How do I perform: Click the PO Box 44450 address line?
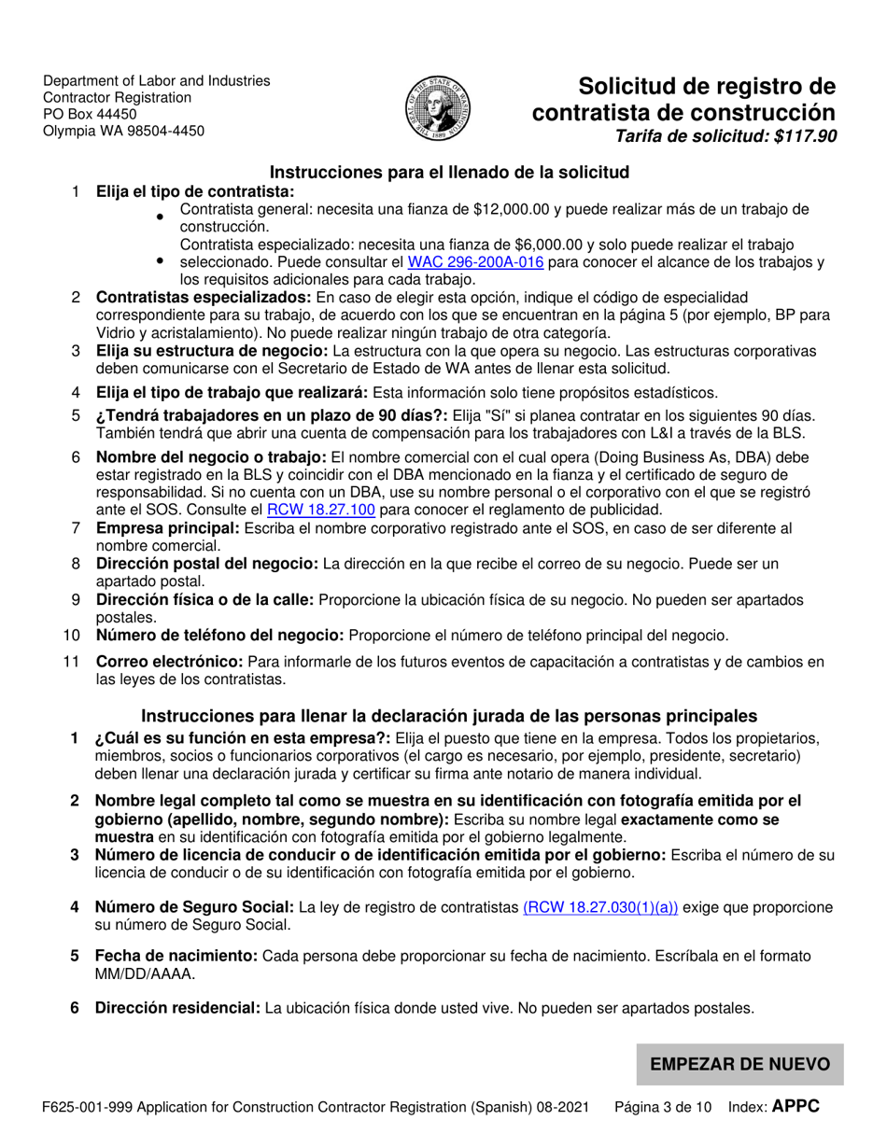pyautogui.click(x=90, y=114)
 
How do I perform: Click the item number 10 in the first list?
pyautogui.click(x=71, y=635)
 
